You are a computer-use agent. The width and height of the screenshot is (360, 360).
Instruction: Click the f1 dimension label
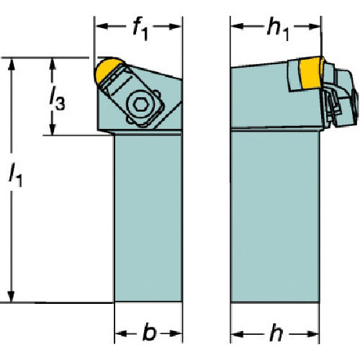[x=140, y=28]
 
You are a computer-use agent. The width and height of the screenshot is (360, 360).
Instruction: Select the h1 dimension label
[x=278, y=29]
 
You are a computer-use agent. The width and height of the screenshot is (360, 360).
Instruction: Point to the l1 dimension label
[x=15, y=175]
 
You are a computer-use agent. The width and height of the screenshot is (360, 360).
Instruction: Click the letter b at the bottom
[x=149, y=333]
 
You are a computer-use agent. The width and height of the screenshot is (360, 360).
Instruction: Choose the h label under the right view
[x=276, y=333]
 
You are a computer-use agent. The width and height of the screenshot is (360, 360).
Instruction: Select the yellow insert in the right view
[x=311, y=73]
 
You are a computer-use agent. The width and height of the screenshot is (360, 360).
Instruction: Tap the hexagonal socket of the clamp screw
[x=139, y=104]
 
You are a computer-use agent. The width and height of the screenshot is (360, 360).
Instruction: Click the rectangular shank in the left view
[x=148, y=218]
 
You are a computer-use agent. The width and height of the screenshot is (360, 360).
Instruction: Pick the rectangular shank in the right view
[x=275, y=217]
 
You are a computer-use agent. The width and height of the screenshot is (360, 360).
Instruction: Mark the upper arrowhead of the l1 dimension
[x=12, y=64]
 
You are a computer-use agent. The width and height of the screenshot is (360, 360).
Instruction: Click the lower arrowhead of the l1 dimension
[x=11, y=296]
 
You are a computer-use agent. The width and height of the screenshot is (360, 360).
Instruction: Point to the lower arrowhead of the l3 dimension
[x=53, y=130]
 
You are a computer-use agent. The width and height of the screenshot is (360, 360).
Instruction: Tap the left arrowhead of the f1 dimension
[x=102, y=26]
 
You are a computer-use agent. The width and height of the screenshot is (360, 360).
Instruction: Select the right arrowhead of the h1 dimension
[x=315, y=27]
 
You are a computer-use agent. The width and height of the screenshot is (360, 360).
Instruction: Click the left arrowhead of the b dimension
[x=121, y=333]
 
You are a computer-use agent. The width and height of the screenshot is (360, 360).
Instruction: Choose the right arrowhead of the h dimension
[x=313, y=333]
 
